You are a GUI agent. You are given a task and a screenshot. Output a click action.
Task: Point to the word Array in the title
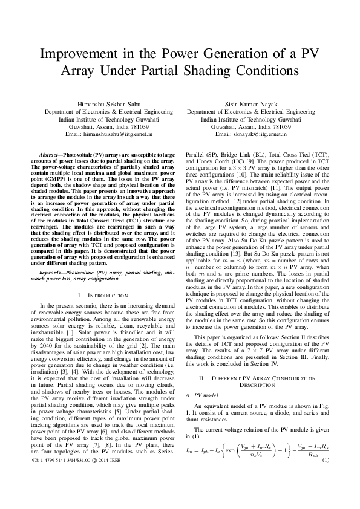[79, 71]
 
